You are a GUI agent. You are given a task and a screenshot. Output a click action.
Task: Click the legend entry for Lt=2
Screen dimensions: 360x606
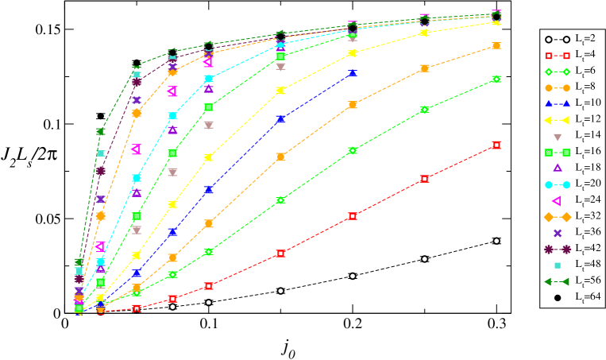click(x=572, y=39)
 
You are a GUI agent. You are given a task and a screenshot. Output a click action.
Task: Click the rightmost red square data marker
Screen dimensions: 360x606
click(x=496, y=145)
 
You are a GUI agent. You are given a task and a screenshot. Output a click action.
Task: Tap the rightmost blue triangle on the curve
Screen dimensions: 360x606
click(x=353, y=72)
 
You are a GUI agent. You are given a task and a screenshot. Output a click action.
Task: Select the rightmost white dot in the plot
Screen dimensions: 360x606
click(x=496, y=241)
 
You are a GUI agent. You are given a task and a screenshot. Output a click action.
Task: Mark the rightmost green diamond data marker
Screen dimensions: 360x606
click(x=496, y=79)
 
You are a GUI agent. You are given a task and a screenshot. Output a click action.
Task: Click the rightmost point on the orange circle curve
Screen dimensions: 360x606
click(x=496, y=46)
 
